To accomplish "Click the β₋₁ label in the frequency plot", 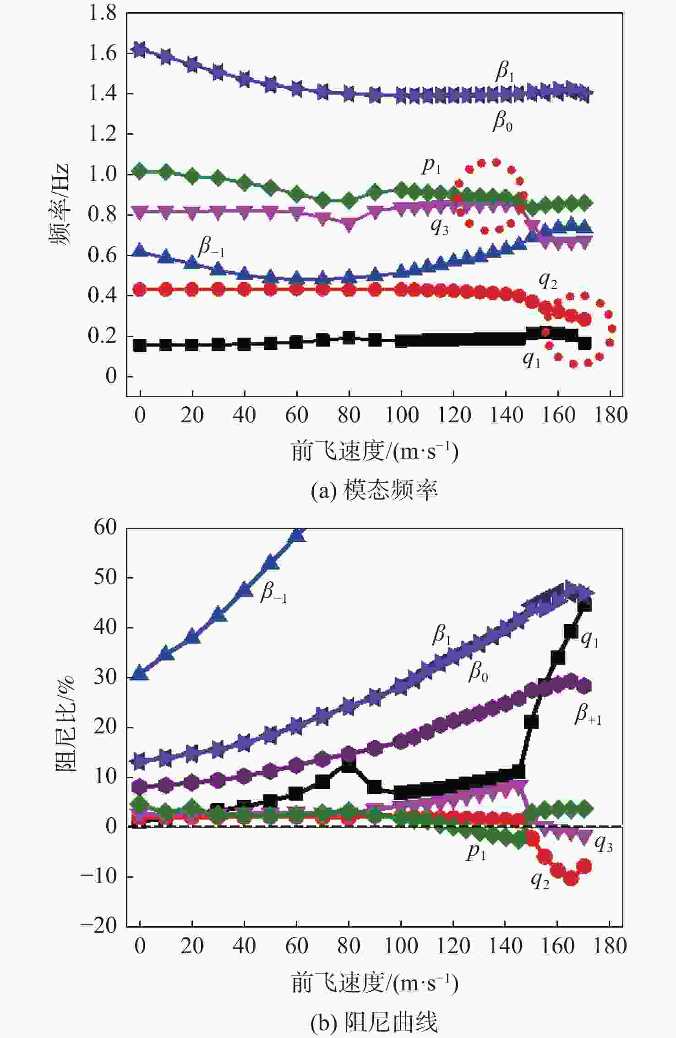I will [211, 248].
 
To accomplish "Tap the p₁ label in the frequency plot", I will [431, 166].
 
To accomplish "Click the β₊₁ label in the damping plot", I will [588, 715].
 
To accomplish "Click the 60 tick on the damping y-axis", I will [105, 527].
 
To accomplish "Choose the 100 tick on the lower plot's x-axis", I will [401, 945].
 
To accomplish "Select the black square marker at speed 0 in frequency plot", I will [140, 345].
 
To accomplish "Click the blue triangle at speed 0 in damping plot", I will [140, 674].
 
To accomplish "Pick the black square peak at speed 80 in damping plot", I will [349, 765].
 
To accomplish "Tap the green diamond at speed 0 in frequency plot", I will [140, 171].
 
